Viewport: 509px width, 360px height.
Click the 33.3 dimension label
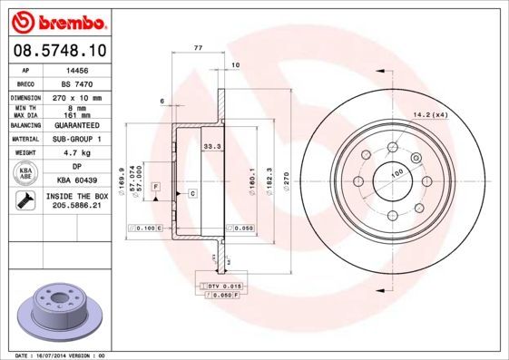click(211, 146)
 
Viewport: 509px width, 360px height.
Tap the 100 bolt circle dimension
click(396, 172)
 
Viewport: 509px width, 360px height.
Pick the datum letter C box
click(192, 193)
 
